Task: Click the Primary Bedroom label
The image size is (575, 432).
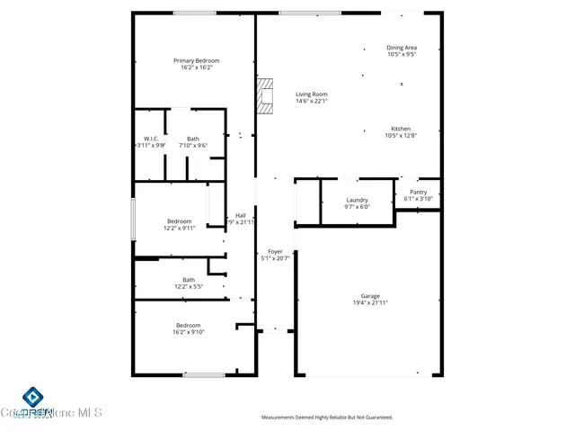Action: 196,61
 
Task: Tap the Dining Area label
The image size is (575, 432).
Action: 402,48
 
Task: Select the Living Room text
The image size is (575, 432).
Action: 312,94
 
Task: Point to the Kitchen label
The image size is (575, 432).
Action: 402,129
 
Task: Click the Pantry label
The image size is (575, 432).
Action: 419,192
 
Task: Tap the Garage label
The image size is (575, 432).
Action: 370,296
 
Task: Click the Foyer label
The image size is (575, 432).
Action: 275,252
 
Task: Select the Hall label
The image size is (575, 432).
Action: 241,215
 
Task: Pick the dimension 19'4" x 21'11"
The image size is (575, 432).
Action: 370,303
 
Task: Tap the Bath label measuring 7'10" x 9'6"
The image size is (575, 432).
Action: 193,139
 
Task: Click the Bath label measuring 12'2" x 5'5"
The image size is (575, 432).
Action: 189,280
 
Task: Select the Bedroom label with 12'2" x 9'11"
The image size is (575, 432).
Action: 179,221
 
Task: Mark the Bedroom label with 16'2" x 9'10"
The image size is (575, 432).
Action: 189,326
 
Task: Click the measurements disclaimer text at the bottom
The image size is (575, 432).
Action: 327,418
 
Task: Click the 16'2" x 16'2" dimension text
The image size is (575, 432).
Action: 196,67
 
